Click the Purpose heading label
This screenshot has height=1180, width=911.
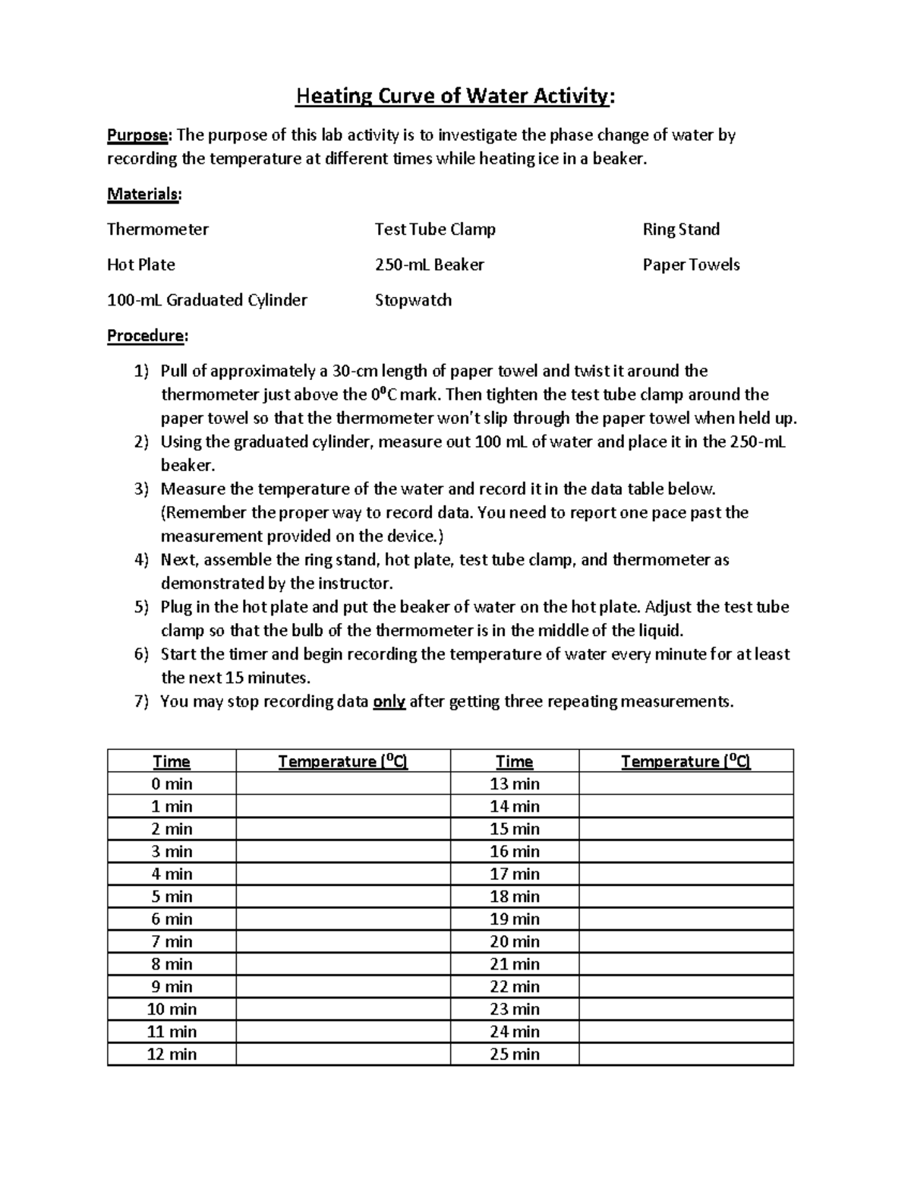pyautogui.click(x=139, y=135)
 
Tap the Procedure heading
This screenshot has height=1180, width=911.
pyautogui.click(x=147, y=335)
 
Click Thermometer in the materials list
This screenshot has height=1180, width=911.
pyautogui.click(x=158, y=229)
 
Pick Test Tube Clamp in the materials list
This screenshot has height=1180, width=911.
pyautogui.click(x=435, y=229)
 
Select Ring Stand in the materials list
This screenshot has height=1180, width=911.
pyautogui.click(x=681, y=229)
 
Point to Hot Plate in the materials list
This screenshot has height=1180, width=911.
pyautogui.click(x=141, y=264)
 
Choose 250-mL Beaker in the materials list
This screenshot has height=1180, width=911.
pyautogui.click(x=429, y=264)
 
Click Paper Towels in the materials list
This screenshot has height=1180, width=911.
pyautogui.click(x=691, y=264)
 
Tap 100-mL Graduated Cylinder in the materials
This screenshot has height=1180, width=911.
pyautogui.click(x=207, y=300)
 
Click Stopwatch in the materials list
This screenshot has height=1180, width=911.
pyautogui.click(x=413, y=300)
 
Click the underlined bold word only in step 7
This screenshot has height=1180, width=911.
pyautogui.click(x=389, y=701)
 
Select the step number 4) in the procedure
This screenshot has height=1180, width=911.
pyautogui.click(x=142, y=560)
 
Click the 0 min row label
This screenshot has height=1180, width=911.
pyautogui.click(x=172, y=783)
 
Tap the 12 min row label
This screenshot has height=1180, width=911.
pyautogui.click(x=172, y=1054)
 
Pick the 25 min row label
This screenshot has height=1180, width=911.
pyautogui.click(x=515, y=1054)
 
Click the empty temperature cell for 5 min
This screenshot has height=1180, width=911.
pyautogui.click(x=342, y=897)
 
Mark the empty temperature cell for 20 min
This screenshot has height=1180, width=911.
pyautogui.click(x=686, y=941)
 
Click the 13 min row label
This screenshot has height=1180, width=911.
pyautogui.click(x=515, y=783)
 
